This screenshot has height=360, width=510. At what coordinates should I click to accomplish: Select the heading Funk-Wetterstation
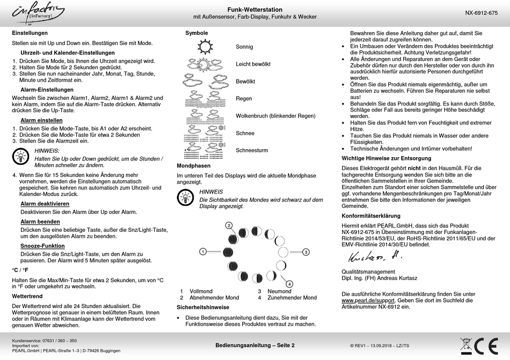[254, 10]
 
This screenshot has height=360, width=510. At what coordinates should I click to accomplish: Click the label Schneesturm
[252, 150]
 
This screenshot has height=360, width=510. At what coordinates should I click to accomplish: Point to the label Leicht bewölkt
[253, 64]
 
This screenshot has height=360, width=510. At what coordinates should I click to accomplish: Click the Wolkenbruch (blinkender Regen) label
[275, 116]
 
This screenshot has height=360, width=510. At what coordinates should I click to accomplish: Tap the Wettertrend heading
[27, 296]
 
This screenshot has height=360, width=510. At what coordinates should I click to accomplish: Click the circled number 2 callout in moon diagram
[229, 225]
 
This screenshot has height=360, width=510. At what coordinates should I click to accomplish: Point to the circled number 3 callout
[305, 252]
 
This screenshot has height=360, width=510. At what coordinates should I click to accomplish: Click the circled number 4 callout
[289, 283]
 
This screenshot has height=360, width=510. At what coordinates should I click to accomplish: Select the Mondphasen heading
[193, 166]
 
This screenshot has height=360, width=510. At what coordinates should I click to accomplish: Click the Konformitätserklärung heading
[371, 216]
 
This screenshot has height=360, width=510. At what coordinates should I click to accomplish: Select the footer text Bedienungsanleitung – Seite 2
[255, 345]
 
